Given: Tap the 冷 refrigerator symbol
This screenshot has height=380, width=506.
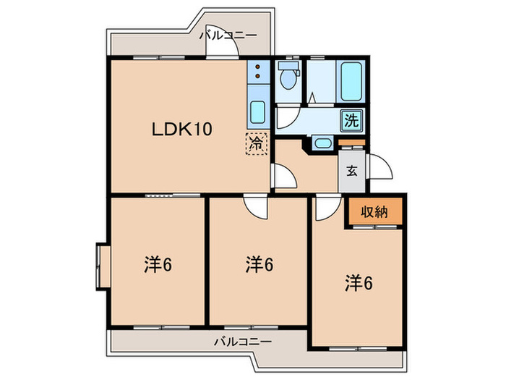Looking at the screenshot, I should pyautogui.click(x=256, y=143).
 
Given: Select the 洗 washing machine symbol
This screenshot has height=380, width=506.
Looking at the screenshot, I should pyautogui.click(x=351, y=120).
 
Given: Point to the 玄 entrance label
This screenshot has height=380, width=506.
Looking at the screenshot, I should pyautogui.click(x=351, y=172).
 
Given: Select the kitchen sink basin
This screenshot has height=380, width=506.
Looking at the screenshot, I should pyautogui.click(x=257, y=113).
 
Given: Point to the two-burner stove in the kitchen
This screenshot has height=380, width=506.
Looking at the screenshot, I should pyautogui.click(x=257, y=73).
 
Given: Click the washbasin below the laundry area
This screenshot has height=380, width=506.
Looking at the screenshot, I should pyautogui.click(x=323, y=143).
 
